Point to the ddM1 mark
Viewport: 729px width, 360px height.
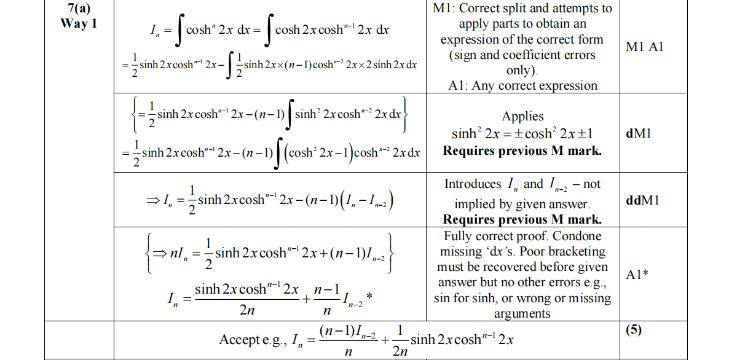coord(643,201)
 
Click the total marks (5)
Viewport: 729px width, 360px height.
coord(634,330)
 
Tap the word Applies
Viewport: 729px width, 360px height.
coord(522,116)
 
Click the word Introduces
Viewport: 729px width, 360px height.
coord(473,184)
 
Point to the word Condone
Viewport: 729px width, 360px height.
coord(574,236)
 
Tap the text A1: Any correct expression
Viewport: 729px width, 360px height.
coord(522,85)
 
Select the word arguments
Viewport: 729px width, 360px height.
coord(522,313)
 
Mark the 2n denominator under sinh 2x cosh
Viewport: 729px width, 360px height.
coord(246,311)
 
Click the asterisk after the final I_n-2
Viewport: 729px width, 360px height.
coord(368,297)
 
